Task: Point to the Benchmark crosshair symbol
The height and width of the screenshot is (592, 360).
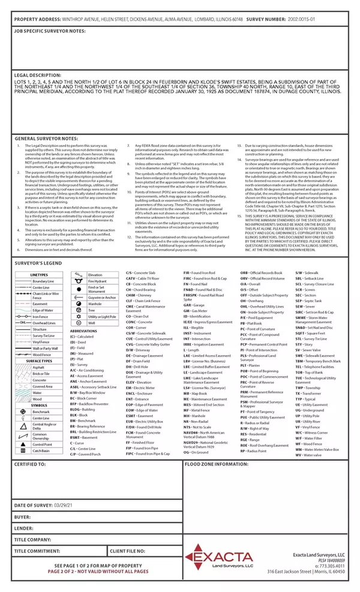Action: click(20, 411)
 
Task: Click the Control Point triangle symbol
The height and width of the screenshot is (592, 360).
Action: click(20, 443)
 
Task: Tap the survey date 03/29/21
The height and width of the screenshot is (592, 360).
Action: click(65, 506)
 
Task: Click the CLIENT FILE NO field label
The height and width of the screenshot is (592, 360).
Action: click(128, 550)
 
